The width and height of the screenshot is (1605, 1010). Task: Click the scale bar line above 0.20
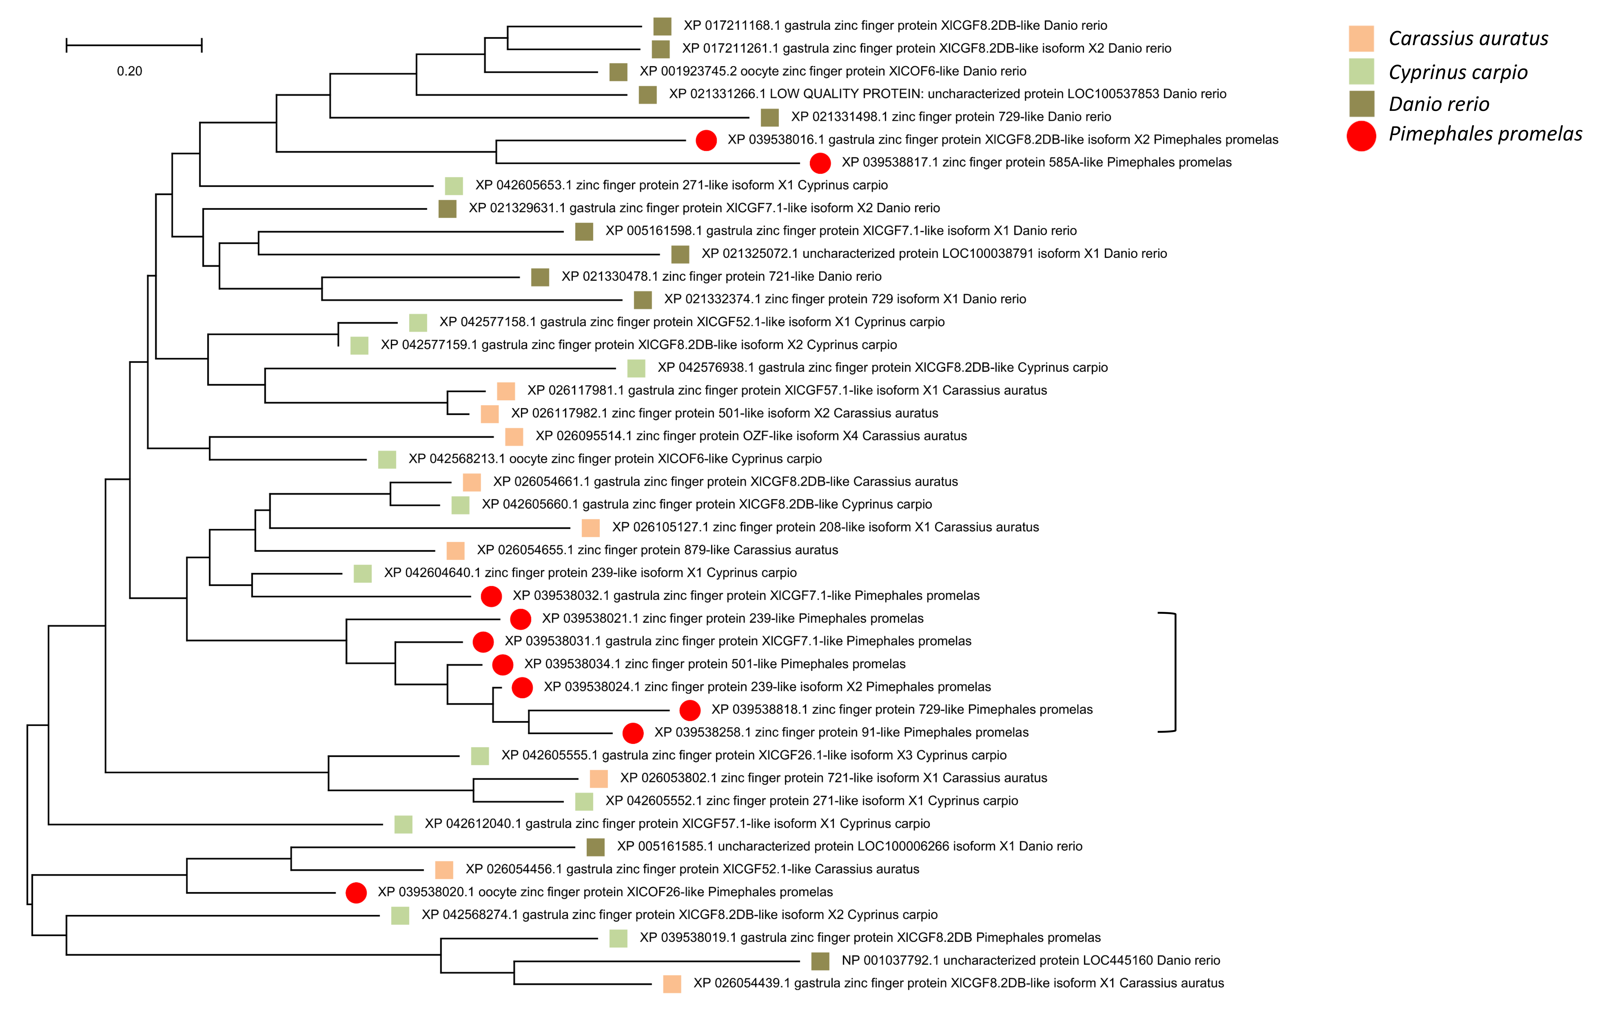(134, 45)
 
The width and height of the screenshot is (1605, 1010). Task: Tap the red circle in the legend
(1361, 136)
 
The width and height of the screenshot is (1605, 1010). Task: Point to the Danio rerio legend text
(1438, 104)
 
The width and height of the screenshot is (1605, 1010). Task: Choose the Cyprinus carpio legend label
(1458, 72)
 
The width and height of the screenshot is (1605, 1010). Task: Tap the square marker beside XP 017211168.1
(662, 26)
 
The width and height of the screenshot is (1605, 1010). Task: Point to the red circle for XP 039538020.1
(356, 893)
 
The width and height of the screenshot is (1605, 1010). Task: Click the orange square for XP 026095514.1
(514, 437)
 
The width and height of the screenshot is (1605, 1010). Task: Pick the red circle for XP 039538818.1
(690, 710)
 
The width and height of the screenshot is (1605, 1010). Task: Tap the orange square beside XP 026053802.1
(599, 779)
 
